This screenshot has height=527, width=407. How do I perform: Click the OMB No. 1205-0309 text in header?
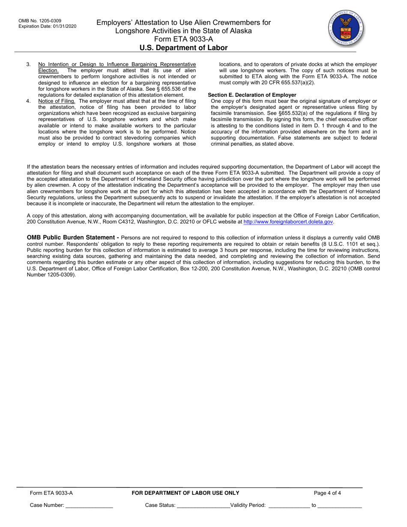40,21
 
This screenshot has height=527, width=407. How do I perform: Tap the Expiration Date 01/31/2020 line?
48,26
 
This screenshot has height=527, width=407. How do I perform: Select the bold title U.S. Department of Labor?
183,48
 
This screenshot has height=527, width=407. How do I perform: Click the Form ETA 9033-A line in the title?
183,39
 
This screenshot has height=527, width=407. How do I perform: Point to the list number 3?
28,64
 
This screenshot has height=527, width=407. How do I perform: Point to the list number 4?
28,101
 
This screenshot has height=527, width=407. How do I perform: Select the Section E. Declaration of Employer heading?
252,95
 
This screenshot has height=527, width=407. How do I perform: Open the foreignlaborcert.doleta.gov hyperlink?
288,222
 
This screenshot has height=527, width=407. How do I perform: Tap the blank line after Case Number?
89,506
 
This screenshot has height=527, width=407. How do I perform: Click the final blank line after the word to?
339,506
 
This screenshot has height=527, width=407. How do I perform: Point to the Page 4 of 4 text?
327,493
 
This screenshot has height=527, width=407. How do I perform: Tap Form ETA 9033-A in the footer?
51,493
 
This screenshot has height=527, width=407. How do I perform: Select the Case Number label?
47,506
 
